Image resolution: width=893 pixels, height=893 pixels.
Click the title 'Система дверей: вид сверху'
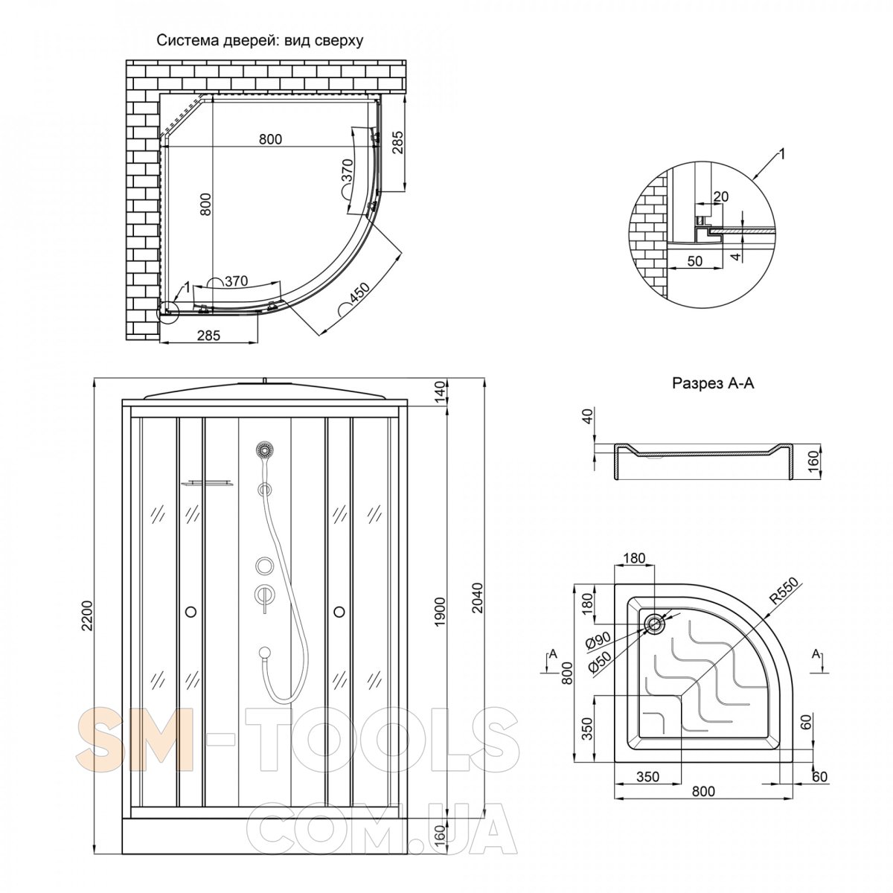[x=259, y=41]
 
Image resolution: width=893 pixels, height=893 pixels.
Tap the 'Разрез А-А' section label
[x=714, y=384]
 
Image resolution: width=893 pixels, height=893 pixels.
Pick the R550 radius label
[x=783, y=597]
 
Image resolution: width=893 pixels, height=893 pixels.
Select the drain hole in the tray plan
[x=656, y=624]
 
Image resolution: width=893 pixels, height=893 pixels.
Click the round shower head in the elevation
[x=263, y=449]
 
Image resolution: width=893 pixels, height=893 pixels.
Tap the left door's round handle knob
[x=191, y=612]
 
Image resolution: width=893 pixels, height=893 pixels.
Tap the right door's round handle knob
[x=339, y=612]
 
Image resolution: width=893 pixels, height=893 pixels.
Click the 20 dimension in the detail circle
[x=720, y=196]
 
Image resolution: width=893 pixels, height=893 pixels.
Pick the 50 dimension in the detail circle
[x=694, y=262]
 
